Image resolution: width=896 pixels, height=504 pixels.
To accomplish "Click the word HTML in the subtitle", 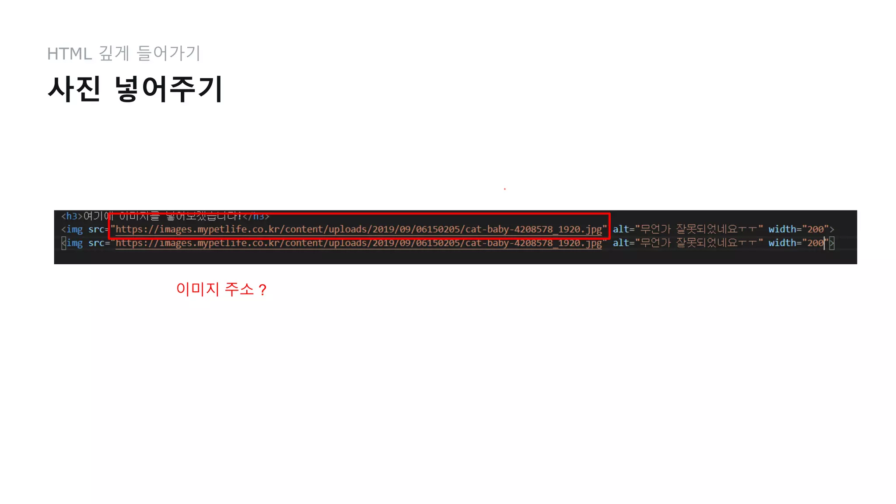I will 69,54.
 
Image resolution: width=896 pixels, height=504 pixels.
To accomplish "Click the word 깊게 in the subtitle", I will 114,53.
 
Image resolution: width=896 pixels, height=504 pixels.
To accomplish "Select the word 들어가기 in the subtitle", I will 168,53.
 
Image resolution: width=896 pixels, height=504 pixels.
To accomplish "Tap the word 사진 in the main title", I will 74,89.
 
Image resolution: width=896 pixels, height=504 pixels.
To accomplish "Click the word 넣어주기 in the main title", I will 168,89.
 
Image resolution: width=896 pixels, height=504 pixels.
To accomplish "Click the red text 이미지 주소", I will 214,289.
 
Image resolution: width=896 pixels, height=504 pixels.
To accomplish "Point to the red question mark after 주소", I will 262,290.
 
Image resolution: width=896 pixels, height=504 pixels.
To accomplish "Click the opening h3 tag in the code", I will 72,216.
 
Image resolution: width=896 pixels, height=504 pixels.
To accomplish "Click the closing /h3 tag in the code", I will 256,216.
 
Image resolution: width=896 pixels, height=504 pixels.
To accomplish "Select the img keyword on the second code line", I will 74,229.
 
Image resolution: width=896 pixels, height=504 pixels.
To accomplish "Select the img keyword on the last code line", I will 74,243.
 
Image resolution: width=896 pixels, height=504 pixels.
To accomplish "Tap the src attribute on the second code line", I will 96,229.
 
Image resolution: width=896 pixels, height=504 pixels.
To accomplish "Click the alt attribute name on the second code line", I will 620,229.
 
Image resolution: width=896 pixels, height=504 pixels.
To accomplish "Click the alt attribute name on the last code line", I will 620,243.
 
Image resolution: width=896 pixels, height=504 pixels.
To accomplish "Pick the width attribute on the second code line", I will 782,229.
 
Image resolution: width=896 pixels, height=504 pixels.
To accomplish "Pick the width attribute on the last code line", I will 782,243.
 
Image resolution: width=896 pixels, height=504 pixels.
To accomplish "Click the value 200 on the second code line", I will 815,229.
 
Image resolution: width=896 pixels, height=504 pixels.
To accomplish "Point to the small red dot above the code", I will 505,189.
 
